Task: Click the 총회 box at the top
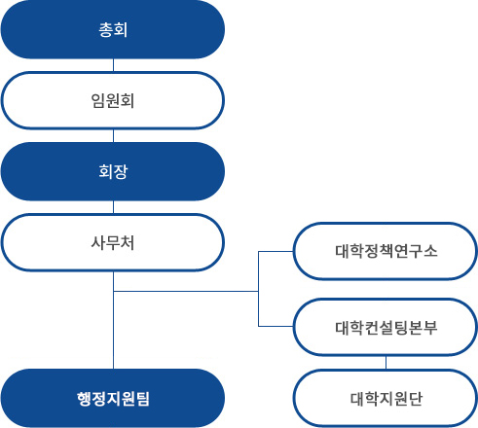tap(113, 29)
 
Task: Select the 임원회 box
tap(113, 100)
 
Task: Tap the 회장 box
tap(113, 171)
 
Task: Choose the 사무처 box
tap(113, 242)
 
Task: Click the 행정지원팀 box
tap(113, 398)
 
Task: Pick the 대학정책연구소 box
tap(386, 251)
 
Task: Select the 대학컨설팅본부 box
tap(386, 328)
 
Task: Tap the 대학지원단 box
tap(386, 399)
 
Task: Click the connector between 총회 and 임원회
tap(113, 65)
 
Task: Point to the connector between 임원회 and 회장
tap(113, 136)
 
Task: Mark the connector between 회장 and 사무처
tap(113, 207)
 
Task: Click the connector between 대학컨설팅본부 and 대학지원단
tap(386, 363)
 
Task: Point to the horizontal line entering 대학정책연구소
tap(276, 251)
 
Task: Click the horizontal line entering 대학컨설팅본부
tap(276, 326)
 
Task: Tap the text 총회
tap(113, 30)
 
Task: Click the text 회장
tap(113, 171)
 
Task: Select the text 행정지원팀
tap(113, 399)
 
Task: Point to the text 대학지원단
tap(386, 399)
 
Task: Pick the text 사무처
tap(113, 242)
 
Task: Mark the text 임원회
tap(113, 100)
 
